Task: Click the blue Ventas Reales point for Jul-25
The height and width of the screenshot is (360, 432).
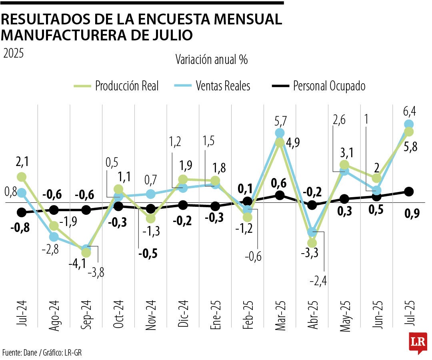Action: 409,124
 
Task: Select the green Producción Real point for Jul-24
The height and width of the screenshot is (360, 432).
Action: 22,177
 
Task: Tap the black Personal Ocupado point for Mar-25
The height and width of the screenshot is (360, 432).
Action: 280,195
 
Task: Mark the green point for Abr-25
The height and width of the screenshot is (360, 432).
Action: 312,243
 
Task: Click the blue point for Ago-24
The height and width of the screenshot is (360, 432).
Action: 54,237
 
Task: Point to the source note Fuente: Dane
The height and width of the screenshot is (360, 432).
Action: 19,352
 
